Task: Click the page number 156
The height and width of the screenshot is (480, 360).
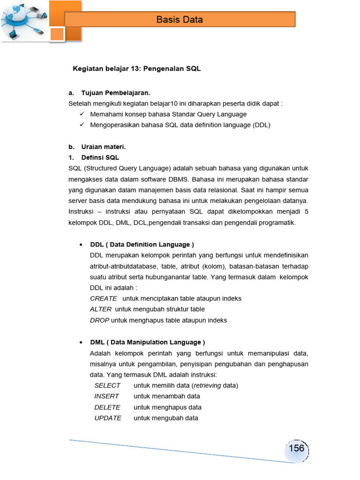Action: pyautogui.click(x=296, y=448)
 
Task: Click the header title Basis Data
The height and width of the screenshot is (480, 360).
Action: pyautogui.click(x=180, y=20)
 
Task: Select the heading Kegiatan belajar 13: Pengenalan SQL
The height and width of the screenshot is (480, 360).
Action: pyautogui.click(x=136, y=69)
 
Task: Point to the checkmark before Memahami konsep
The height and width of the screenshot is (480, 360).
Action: pyautogui.click(x=82, y=114)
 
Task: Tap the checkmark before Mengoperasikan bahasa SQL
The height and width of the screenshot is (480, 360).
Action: pyautogui.click(x=82, y=125)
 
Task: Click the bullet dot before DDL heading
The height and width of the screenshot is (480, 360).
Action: pyautogui.click(x=82, y=245)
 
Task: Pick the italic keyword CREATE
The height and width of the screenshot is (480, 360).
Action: pyautogui.click(x=104, y=299)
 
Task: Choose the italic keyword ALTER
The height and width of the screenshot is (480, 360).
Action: pyautogui.click(x=101, y=309)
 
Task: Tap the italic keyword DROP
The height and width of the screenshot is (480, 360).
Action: pyautogui.click(x=99, y=320)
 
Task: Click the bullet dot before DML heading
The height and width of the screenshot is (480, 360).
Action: pyautogui.click(x=82, y=342)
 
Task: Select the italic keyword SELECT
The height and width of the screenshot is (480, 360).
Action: pyautogui.click(x=107, y=385)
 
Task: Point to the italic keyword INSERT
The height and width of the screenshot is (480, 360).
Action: pyautogui.click(x=106, y=396)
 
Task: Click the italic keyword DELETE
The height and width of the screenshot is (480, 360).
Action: pyautogui.click(x=107, y=407)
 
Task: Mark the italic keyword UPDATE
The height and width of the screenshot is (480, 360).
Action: pyautogui.click(x=108, y=418)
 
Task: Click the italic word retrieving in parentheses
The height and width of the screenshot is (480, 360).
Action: pyautogui.click(x=207, y=385)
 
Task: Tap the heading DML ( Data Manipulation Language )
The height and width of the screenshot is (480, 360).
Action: pyautogui.click(x=147, y=342)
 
